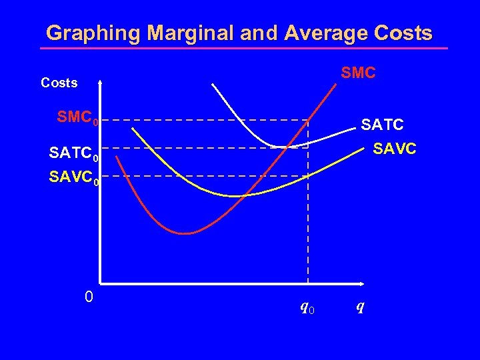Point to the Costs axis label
coord(59,83)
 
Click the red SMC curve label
coord(358,73)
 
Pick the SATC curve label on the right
coord(382,125)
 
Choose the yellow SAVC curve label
coord(394,149)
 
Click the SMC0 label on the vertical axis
coord(78,119)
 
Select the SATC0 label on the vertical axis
coord(74,155)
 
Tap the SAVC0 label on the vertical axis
coord(74,178)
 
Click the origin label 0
coord(89,297)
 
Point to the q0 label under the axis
coord(307,307)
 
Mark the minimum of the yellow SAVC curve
coord(235,196)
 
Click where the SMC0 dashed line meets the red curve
coord(309,121)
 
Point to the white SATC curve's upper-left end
coord(213,85)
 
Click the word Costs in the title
coord(399,33)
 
